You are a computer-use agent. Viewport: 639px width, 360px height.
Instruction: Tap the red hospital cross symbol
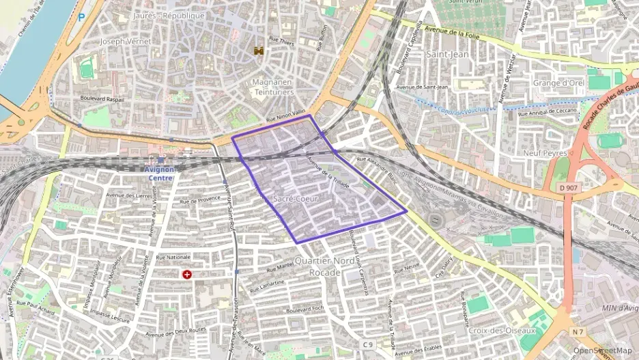[186, 274]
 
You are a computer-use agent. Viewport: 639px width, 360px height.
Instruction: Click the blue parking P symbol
[82, 16]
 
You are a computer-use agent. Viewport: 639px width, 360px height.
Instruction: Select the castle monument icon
[259, 51]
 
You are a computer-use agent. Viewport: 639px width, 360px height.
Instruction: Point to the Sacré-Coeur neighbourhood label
[296, 198]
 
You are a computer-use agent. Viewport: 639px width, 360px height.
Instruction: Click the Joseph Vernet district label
[125, 42]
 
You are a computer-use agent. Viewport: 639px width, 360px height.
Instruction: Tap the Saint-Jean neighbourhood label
[446, 53]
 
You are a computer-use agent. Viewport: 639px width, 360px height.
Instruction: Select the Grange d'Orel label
[558, 83]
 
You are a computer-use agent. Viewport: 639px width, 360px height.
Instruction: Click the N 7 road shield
[578, 332]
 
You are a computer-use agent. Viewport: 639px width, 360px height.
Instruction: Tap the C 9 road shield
[369, 344]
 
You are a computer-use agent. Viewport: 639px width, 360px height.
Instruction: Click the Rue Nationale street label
[173, 257]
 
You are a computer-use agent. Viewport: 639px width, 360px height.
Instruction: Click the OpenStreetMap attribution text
[603, 351]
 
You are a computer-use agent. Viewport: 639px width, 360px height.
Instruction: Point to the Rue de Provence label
[199, 201]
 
